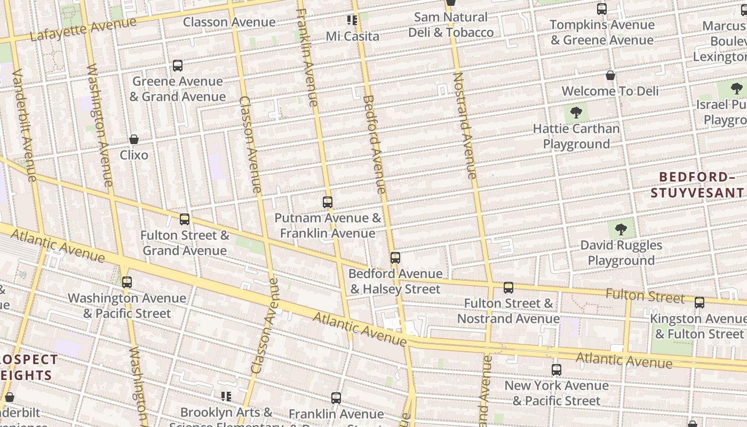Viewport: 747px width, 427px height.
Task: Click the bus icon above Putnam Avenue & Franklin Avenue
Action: coord(328,202)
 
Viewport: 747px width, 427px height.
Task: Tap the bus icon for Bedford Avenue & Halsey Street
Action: coord(395,258)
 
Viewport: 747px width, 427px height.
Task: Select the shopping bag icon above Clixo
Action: coord(134,139)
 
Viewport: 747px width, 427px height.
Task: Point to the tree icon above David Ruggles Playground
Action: coord(621,230)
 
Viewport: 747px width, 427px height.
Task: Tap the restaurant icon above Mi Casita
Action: coord(352,20)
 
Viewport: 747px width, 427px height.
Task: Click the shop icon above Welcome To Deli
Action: coord(610,75)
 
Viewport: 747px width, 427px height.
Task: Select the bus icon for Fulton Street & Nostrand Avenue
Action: coord(508,288)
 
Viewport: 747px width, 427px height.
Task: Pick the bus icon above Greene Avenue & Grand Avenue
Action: coord(178,66)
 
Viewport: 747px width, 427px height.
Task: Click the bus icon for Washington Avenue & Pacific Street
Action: coord(126,282)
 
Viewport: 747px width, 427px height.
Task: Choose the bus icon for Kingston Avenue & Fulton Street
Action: coord(699,303)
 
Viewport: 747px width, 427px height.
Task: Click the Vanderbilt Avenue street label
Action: coord(24,125)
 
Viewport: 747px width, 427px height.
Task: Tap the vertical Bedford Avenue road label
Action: coord(373,144)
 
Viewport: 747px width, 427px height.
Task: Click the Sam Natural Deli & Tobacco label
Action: coord(451,25)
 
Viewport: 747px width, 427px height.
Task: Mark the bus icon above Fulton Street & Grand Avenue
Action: coord(185,219)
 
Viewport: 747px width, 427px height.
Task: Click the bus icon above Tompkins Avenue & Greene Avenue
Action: coord(601,9)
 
